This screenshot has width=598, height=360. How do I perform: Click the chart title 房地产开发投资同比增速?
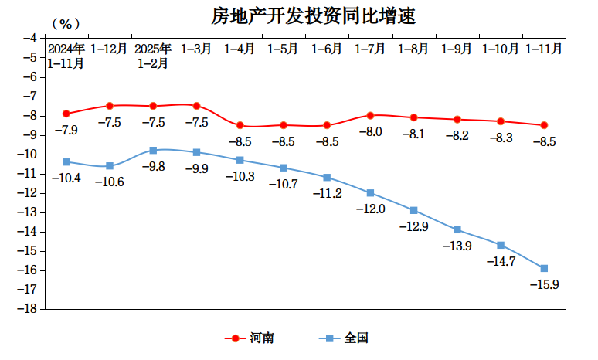pyautogui.click(x=308, y=15)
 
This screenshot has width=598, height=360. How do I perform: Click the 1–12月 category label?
pyautogui.click(x=109, y=49)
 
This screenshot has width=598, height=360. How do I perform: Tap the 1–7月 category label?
pyautogui.click(x=370, y=49)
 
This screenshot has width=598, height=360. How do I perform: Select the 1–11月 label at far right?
pyautogui.click(x=544, y=49)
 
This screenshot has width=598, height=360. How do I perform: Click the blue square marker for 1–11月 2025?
pyautogui.click(x=544, y=268)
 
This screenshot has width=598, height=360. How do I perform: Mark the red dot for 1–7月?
pyautogui.click(x=370, y=115)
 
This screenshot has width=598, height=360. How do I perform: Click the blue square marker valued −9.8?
pyautogui.click(x=153, y=150)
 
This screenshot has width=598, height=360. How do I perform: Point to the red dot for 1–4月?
pyautogui.click(x=240, y=125)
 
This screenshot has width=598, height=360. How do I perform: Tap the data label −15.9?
pyautogui.click(x=544, y=284)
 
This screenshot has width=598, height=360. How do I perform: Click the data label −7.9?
pyautogui.click(x=66, y=130)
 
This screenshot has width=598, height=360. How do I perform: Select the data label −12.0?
pyautogui.click(x=370, y=209)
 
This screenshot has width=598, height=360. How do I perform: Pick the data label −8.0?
pyautogui.click(x=370, y=131)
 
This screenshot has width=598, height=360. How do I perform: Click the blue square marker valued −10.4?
pyautogui.click(x=66, y=162)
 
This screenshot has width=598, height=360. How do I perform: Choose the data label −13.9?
pyautogui.click(x=457, y=246)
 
